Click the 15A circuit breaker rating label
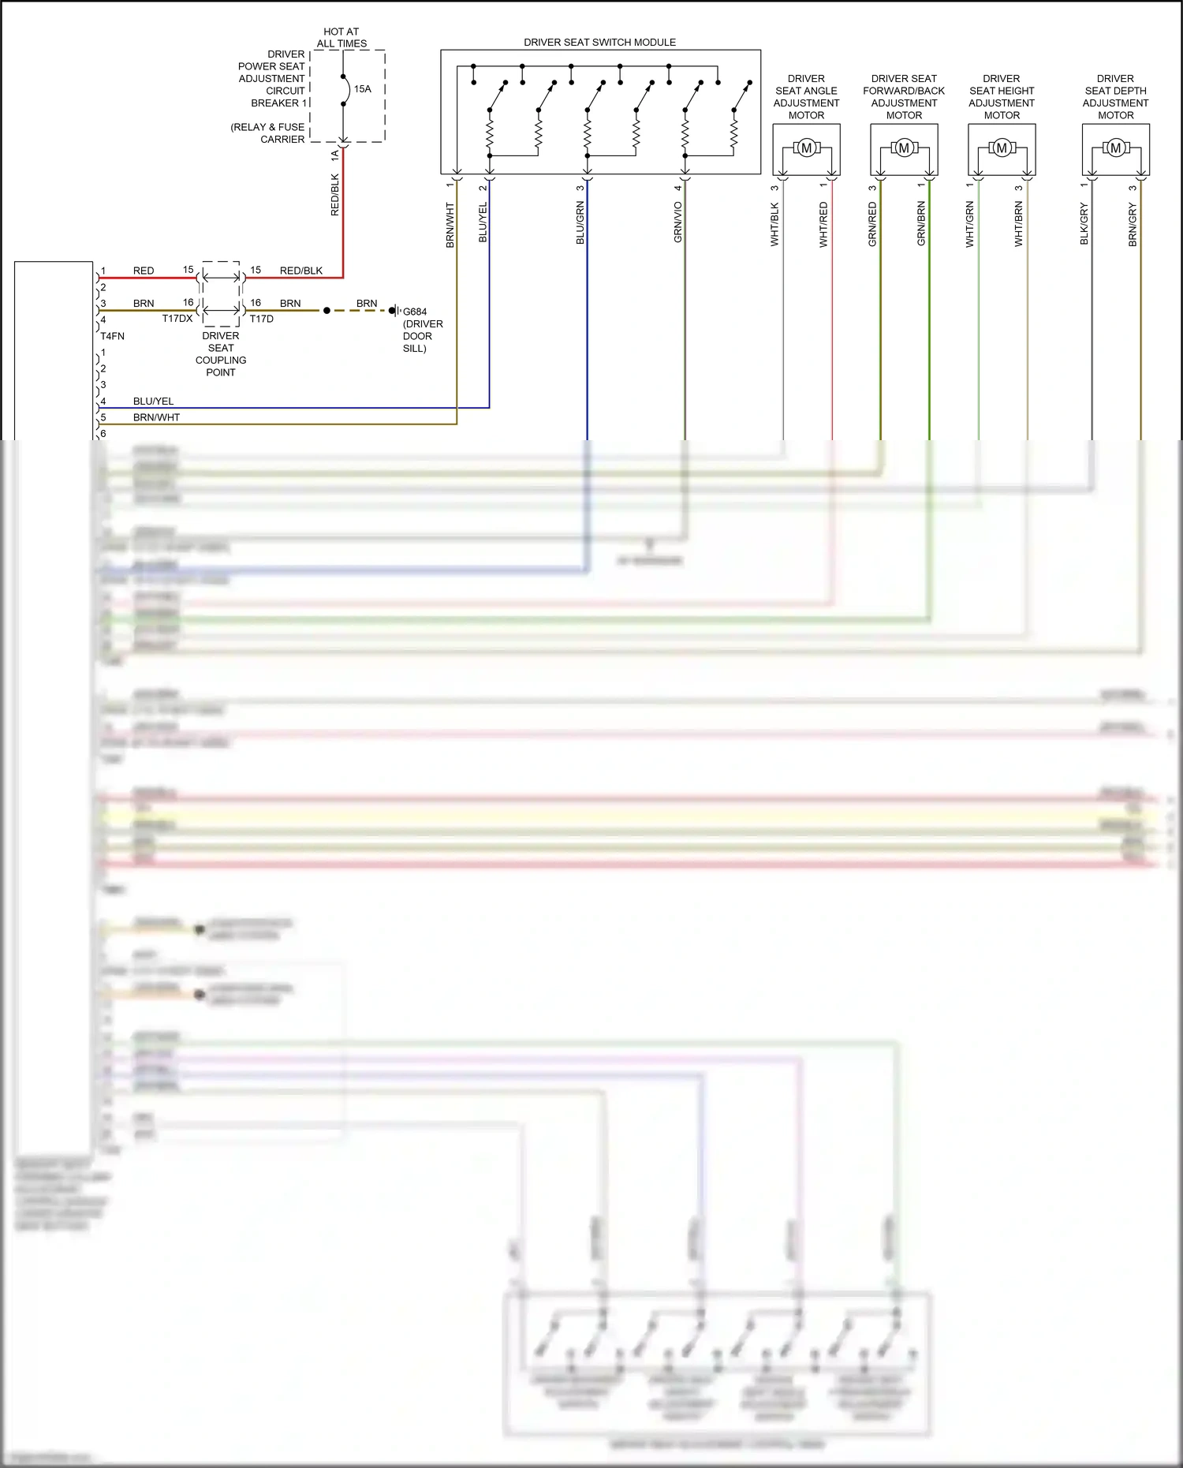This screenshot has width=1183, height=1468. (x=362, y=89)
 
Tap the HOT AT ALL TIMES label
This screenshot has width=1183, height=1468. (x=341, y=38)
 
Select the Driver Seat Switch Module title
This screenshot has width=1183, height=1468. (x=599, y=43)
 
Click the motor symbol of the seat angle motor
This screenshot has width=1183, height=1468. (x=806, y=148)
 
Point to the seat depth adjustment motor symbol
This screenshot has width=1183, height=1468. (x=1115, y=148)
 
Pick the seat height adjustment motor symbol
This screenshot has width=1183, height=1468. (x=1002, y=148)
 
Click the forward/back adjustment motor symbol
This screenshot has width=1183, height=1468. (x=904, y=148)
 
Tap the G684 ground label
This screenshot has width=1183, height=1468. (x=415, y=312)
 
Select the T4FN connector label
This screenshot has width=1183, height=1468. (x=112, y=336)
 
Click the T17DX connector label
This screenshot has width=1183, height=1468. (x=177, y=319)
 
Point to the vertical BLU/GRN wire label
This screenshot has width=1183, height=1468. (x=580, y=222)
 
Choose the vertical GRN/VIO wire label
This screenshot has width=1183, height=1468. (x=678, y=222)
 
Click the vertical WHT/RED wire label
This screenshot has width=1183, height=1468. (x=824, y=225)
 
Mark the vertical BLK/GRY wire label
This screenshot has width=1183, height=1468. (x=1084, y=224)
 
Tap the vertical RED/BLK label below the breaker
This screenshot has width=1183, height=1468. (x=335, y=195)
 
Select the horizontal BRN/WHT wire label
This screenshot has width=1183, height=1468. (x=156, y=417)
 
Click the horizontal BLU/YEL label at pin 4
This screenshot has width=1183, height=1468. (x=153, y=402)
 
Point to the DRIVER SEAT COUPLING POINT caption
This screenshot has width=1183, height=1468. (x=221, y=354)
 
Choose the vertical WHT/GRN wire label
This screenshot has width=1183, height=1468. (x=970, y=225)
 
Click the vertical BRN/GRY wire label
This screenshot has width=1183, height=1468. (x=1133, y=225)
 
